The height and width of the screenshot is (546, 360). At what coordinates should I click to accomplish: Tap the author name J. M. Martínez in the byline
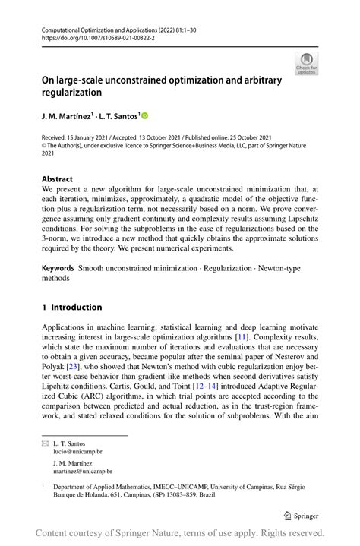click(66, 116)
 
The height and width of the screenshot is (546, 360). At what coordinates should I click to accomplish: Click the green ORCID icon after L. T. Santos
click(144, 116)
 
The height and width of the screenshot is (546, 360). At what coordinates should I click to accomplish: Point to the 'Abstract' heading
click(58, 179)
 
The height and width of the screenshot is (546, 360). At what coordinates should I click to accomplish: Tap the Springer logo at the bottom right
click(300, 514)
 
